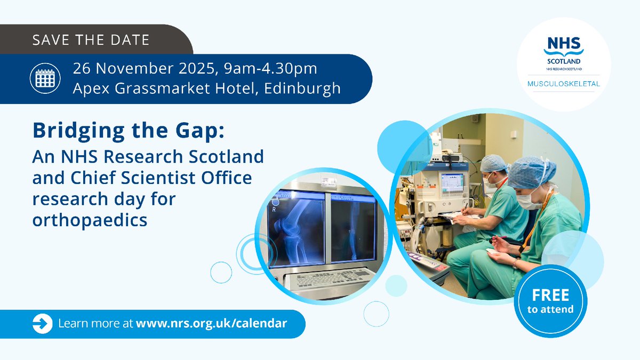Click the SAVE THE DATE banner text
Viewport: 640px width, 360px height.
pos(91,41)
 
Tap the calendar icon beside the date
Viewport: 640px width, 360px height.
pos(45,78)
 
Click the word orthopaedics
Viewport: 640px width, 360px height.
pos(90,220)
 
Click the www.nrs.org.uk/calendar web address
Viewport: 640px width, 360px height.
pos(212,323)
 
